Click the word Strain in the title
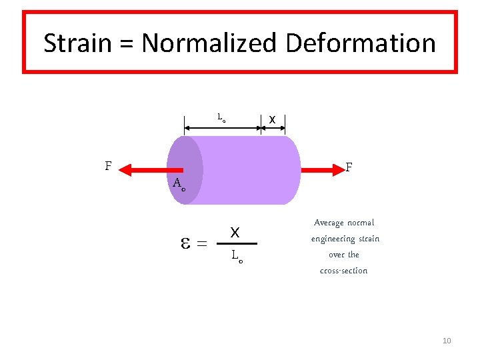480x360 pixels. click(x=77, y=43)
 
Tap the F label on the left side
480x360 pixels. click(x=108, y=165)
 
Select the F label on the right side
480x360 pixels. click(x=349, y=167)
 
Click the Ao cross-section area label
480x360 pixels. click(x=178, y=184)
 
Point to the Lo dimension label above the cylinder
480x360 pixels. click(x=221, y=117)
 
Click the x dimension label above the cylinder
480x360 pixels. click(x=272, y=119)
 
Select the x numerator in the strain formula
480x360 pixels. click(x=235, y=233)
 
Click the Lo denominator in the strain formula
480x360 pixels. click(x=237, y=255)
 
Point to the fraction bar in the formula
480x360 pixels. click(x=237, y=244)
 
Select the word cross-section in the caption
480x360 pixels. click(x=343, y=271)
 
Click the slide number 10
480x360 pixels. click(x=447, y=341)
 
